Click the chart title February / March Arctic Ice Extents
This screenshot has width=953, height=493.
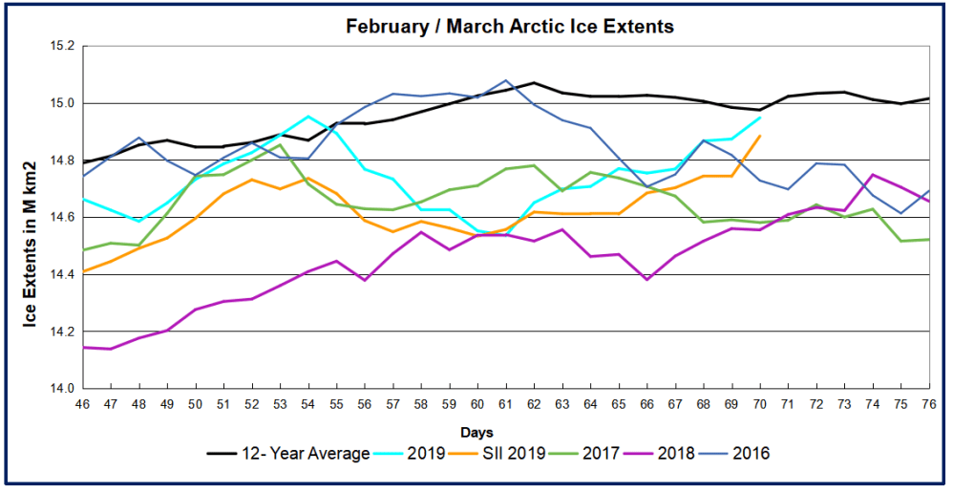(509, 27)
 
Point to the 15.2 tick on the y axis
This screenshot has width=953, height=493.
(59, 46)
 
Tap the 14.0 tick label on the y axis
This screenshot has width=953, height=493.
(59, 389)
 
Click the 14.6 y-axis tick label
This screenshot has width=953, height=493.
(59, 218)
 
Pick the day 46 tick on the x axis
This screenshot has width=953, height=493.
(82, 404)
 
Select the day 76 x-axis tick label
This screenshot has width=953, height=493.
(929, 404)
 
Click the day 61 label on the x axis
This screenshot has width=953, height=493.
(506, 404)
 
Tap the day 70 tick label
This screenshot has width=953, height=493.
(760, 404)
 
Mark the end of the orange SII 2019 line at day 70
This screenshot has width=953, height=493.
(760, 136)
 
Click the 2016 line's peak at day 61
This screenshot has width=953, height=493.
(506, 80)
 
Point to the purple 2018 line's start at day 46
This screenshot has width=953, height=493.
(83, 347)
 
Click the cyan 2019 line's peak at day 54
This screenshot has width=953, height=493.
(308, 117)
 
